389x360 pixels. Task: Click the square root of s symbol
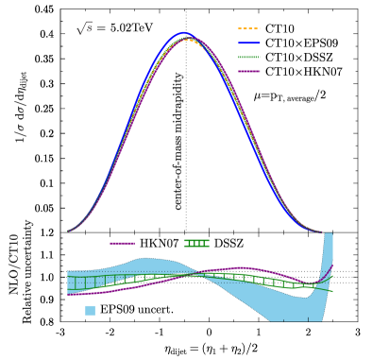point(84,29)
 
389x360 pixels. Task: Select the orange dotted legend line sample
point(249,29)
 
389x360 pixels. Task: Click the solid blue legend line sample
point(249,43)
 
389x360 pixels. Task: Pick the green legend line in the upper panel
point(249,58)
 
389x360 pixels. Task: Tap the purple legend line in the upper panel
point(249,71)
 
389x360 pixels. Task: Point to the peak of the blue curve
point(183,33)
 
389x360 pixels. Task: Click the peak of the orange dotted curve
point(188,41)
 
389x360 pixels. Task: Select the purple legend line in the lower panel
point(122,243)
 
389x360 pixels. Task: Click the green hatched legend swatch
point(196,243)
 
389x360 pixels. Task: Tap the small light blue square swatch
point(90,310)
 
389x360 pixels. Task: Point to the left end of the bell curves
point(69,231)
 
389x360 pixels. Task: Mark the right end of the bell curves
point(321,231)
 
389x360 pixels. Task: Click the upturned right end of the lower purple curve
point(330,268)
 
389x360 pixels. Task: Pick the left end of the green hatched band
point(70,283)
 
